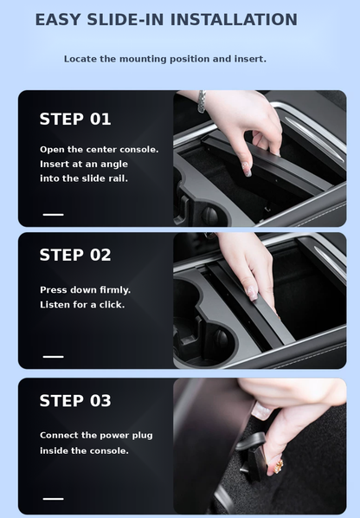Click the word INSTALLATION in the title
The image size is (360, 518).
coord(234,20)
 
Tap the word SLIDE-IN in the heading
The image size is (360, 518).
coord(125,20)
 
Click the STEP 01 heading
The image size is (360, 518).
coord(75,120)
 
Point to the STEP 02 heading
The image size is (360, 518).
coord(75,255)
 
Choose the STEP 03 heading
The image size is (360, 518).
coord(75,401)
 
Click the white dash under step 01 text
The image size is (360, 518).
coord(53,215)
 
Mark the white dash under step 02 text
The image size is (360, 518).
coord(53,357)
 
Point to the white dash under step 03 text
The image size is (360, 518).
coord(53,499)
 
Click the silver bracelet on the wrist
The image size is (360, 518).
coord(202,101)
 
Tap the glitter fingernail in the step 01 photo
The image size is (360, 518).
coord(246,169)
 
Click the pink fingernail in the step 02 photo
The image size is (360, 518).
coord(253,293)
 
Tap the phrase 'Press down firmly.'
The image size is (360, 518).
coord(85,290)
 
